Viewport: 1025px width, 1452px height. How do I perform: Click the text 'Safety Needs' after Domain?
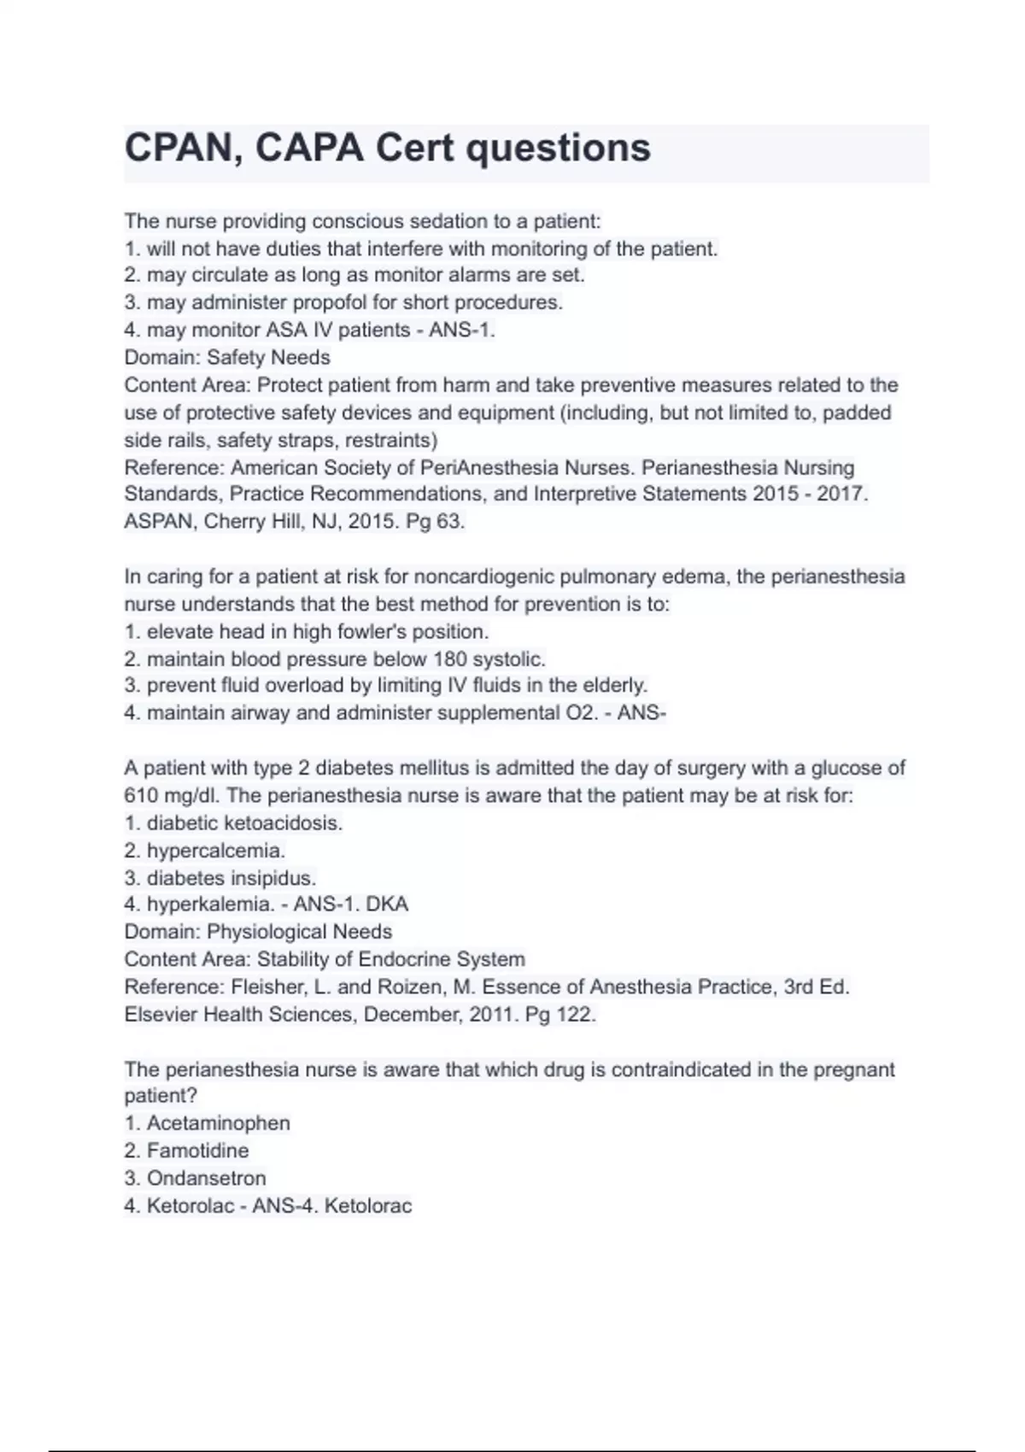click(x=268, y=357)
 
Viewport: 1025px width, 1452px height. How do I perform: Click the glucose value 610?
click(x=141, y=796)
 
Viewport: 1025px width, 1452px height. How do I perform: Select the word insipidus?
click(x=275, y=878)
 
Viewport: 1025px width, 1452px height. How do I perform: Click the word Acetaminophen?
click(x=218, y=1123)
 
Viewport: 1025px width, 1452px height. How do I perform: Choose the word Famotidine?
click(x=197, y=1150)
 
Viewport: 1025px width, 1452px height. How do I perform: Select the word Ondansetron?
click(x=206, y=1178)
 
